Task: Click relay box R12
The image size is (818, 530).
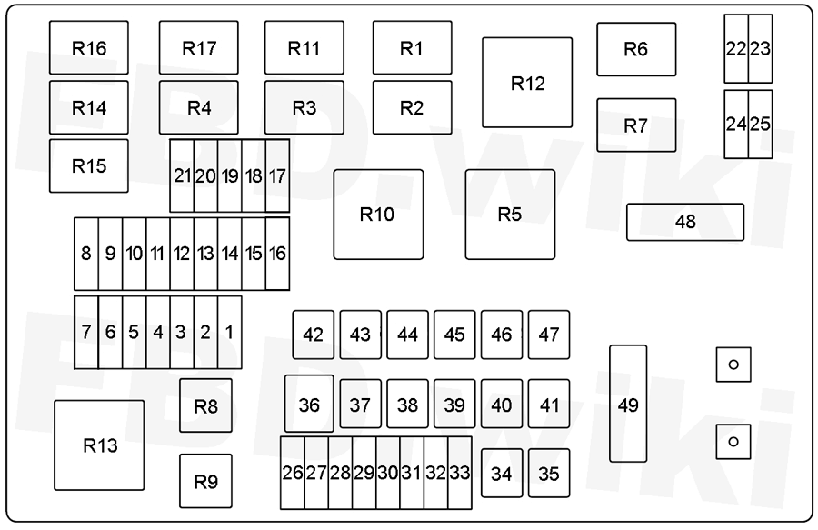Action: [x=527, y=83]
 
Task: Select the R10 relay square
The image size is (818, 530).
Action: [x=378, y=215]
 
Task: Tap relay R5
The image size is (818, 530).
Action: [x=510, y=215]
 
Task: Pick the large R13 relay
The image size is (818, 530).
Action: [x=99, y=445]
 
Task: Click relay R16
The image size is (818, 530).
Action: [x=89, y=47]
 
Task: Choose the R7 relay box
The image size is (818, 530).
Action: [x=636, y=125]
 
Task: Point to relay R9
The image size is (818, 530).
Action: [x=206, y=481]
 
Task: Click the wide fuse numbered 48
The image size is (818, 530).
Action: [x=685, y=222]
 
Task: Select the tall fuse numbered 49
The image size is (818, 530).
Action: [x=628, y=404]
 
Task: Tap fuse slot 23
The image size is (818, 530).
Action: [x=761, y=48]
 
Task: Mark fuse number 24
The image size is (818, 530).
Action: [x=736, y=125]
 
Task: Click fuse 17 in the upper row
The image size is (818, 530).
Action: [x=277, y=175]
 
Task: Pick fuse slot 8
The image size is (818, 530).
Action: [x=86, y=254]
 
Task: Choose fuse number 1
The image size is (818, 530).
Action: [x=230, y=333]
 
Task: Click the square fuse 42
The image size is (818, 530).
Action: [x=313, y=335]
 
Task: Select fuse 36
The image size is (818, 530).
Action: [x=309, y=404]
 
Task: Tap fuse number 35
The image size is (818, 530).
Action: [x=549, y=473]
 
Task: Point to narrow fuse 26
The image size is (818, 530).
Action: [x=293, y=473]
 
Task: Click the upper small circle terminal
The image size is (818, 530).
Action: [x=733, y=365]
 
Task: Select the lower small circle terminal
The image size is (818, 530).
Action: [x=733, y=442]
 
